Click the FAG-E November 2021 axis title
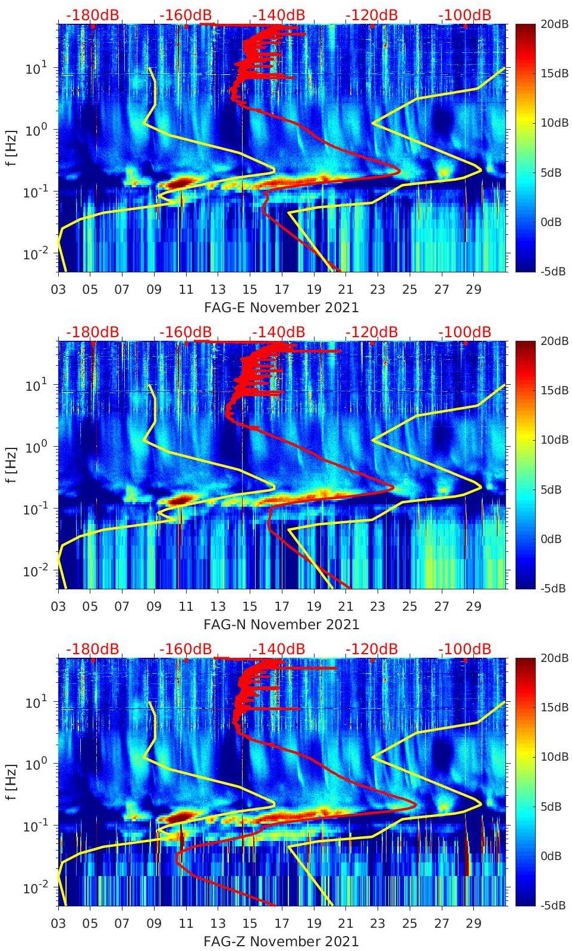[x=281, y=307]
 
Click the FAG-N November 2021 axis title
[x=281, y=624]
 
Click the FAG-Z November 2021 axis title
[x=281, y=941]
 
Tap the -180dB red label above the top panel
[x=92, y=15]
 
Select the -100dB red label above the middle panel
[x=465, y=332]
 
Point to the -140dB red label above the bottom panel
[x=278, y=649]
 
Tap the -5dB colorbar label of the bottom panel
[x=554, y=906]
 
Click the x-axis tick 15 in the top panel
[x=250, y=290]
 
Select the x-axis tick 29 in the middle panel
[x=473, y=607]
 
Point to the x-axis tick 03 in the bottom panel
[x=58, y=924]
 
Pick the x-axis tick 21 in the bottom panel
[x=345, y=924]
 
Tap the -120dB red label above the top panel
[x=372, y=15]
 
